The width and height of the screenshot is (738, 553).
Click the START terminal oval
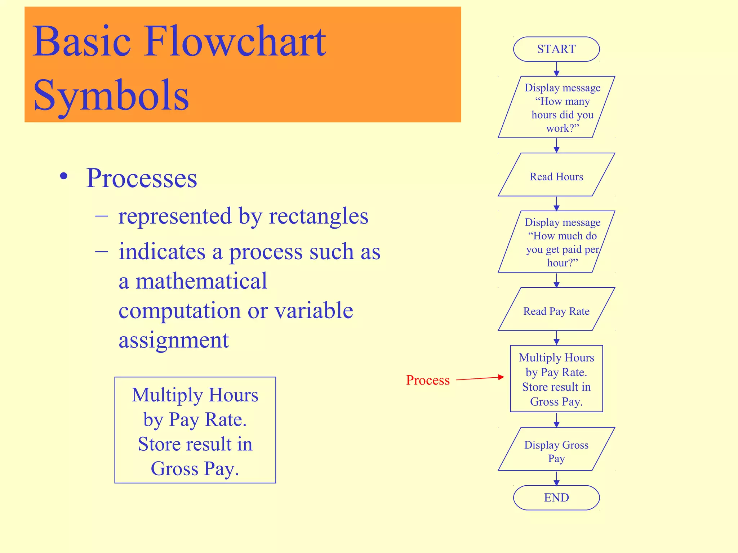click(x=556, y=49)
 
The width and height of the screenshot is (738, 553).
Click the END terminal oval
click(x=556, y=498)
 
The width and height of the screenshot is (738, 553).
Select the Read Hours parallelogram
click(x=556, y=175)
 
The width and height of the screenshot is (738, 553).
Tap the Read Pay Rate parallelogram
click(x=556, y=309)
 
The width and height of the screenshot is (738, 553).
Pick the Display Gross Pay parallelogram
click(x=556, y=449)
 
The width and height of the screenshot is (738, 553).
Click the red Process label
click(x=428, y=380)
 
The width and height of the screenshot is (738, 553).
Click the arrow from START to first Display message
click(x=556, y=69)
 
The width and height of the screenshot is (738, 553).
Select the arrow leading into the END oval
click(x=556, y=478)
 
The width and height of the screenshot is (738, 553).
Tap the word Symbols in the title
click(x=111, y=95)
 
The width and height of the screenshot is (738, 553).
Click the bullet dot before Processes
click(x=64, y=176)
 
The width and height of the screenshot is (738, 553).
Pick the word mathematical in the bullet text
click(x=201, y=281)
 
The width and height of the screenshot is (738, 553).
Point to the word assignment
click(x=174, y=340)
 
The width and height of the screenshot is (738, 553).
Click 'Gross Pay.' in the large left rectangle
click(x=195, y=468)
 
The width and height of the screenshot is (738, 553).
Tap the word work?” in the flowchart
click(x=563, y=128)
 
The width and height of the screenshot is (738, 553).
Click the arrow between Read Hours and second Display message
click(x=556, y=204)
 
